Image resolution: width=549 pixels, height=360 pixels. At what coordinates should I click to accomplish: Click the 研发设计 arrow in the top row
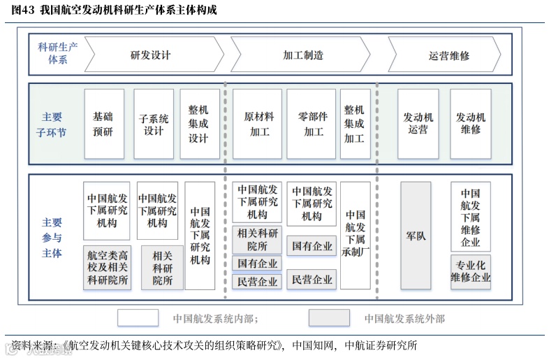point(151,55)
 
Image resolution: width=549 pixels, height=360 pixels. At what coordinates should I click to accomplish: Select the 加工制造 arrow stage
point(303,55)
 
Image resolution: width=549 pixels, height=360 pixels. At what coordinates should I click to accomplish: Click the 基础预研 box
point(103,124)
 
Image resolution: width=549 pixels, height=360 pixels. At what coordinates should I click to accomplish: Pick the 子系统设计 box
point(153,124)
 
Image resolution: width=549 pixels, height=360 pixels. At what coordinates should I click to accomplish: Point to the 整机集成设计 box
point(199,124)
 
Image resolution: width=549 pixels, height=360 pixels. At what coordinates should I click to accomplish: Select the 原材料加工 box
point(258,124)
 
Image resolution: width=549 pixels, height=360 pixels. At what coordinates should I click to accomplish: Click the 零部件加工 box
point(312,124)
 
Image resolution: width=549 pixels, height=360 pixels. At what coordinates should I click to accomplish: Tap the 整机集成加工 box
point(354,124)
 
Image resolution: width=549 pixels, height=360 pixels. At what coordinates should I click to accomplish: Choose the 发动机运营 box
point(418,124)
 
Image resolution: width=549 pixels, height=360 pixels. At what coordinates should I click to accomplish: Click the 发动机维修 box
point(471,124)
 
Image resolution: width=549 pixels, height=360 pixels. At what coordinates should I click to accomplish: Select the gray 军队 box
point(416,236)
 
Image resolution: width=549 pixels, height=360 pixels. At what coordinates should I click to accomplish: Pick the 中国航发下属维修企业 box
point(471,217)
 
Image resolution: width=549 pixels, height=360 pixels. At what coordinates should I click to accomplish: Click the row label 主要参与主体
point(52,238)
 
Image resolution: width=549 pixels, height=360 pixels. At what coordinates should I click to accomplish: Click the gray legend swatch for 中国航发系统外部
point(329,318)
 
